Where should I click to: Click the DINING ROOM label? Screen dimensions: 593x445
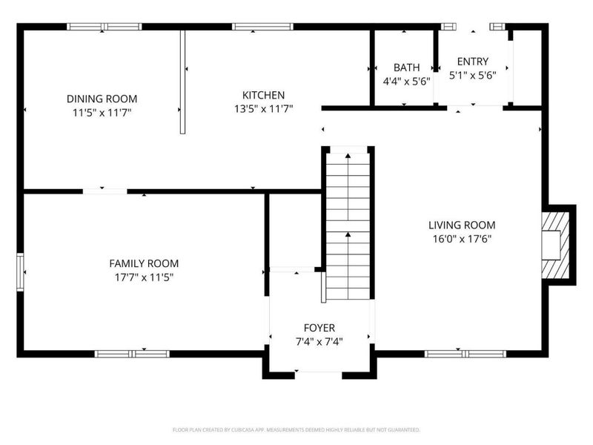coord(102,99)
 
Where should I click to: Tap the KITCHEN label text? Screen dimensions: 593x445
coord(263,95)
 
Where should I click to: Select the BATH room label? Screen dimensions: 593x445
coord(406,67)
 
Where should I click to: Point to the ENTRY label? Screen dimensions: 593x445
coord(473,62)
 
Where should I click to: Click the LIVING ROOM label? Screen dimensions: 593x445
coord(462,225)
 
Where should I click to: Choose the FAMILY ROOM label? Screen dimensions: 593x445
coord(144,263)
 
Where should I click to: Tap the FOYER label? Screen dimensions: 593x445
coord(319,328)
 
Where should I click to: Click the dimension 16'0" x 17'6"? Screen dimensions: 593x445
coord(462,239)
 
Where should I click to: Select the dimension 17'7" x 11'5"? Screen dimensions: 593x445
coord(144,277)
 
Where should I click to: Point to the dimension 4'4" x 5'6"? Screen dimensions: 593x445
coord(406,82)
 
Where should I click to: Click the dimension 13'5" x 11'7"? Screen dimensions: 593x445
coord(263,109)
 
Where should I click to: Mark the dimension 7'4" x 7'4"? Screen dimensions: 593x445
coord(319,342)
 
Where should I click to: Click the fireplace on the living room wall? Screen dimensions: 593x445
coord(555,245)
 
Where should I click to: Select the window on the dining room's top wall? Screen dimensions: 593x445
coord(104,27)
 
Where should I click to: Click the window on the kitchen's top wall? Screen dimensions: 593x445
coord(262,27)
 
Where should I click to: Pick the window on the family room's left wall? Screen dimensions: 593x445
coord(20,272)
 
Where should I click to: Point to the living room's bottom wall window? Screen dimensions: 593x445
coord(466,354)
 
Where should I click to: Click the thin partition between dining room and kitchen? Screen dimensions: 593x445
coord(182,82)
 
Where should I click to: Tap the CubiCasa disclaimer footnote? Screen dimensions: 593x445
coord(296,430)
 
